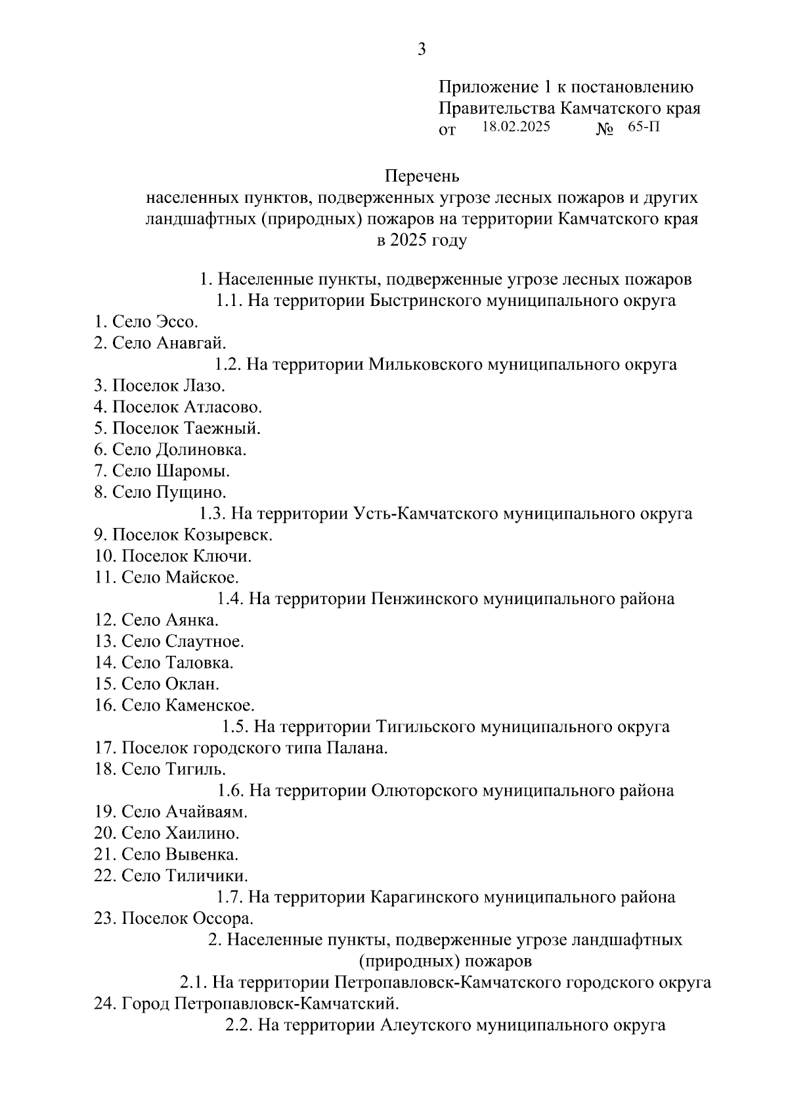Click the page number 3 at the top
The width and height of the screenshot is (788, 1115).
click(422, 50)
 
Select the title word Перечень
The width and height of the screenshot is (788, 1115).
click(422, 177)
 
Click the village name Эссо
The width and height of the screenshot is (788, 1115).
click(177, 322)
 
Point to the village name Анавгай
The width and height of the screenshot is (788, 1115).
click(190, 343)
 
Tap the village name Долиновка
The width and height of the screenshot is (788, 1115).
click(201, 450)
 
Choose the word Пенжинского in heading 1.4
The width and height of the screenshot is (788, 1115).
click(424, 599)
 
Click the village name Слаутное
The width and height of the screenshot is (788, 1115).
click(204, 642)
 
